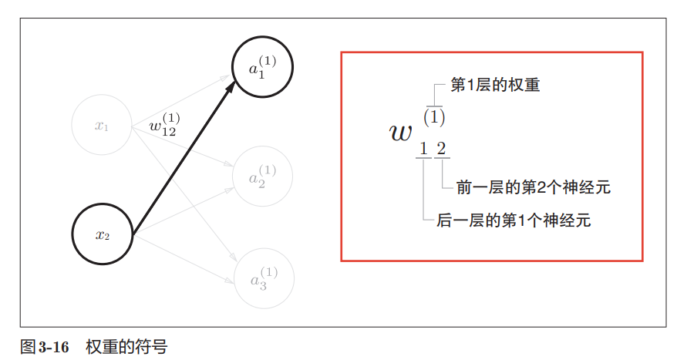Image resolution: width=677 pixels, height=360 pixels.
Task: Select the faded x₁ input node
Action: coord(102,126)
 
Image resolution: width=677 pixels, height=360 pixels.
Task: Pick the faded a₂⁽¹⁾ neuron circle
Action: coord(263,176)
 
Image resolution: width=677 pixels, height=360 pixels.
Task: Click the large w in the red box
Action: coord(401,133)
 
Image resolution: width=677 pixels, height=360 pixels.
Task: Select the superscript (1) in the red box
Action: coord(435,118)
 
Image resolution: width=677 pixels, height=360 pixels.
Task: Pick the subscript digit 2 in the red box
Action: coord(441,148)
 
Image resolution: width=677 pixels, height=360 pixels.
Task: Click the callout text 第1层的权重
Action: coord(495,85)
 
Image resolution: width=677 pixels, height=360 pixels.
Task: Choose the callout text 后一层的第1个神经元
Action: coord(514,220)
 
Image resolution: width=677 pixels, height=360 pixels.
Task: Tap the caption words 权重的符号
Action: coord(126,346)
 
